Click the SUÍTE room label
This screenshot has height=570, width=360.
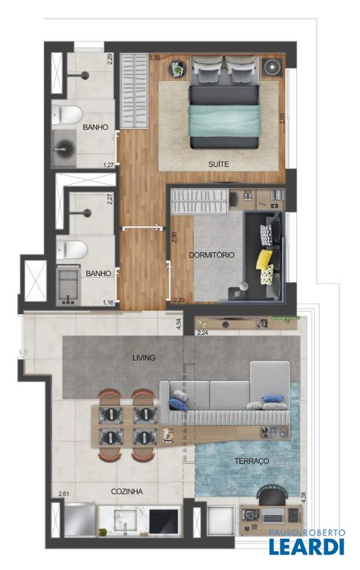click(218, 164)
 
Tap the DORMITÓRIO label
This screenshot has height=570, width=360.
click(212, 255)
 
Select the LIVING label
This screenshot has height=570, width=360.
click(144, 358)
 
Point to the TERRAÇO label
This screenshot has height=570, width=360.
click(252, 461)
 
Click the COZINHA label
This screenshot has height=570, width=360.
click(126, 491)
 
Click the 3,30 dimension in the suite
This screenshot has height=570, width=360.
click(154, 57)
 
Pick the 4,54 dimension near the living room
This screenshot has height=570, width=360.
click(179, 324)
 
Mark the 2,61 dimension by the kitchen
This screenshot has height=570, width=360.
click(64, 494)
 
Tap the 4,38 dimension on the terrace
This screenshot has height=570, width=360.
click(304, 497)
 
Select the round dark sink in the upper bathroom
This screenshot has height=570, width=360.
click(65, 148)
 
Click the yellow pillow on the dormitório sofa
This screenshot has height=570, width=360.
click(264, 259)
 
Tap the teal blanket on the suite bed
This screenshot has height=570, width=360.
click(224, 121)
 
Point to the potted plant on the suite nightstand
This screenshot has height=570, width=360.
click(177, 69)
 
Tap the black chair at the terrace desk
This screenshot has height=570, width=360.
click(272, 495)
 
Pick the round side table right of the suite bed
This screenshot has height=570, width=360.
click(272, 67)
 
